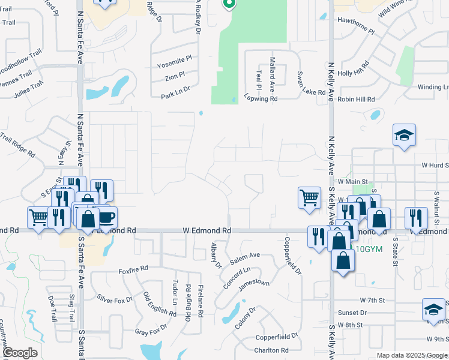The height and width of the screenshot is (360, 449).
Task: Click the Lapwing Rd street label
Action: pyautogui.click(x=261, y=98)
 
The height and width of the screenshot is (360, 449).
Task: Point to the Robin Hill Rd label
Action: pyautogui.click(x=356, y=99)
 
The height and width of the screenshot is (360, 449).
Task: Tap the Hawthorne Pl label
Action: pyautogui.click(x=356, y=31)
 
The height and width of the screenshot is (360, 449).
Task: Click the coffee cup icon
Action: pyautogui.click(x=106, y=217)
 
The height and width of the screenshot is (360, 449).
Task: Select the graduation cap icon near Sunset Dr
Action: pyautogui.click(x=433, y=309)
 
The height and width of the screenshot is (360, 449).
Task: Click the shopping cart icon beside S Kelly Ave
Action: pyautogui.click(x=309, y=197)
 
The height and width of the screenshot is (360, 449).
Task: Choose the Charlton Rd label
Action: pyautogui.click(x=271, y=350)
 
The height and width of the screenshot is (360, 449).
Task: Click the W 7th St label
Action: pyautogui.click(x=372, y=299)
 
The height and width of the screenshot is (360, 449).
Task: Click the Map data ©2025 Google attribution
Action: pyautogui.click(x=411, y=355)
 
